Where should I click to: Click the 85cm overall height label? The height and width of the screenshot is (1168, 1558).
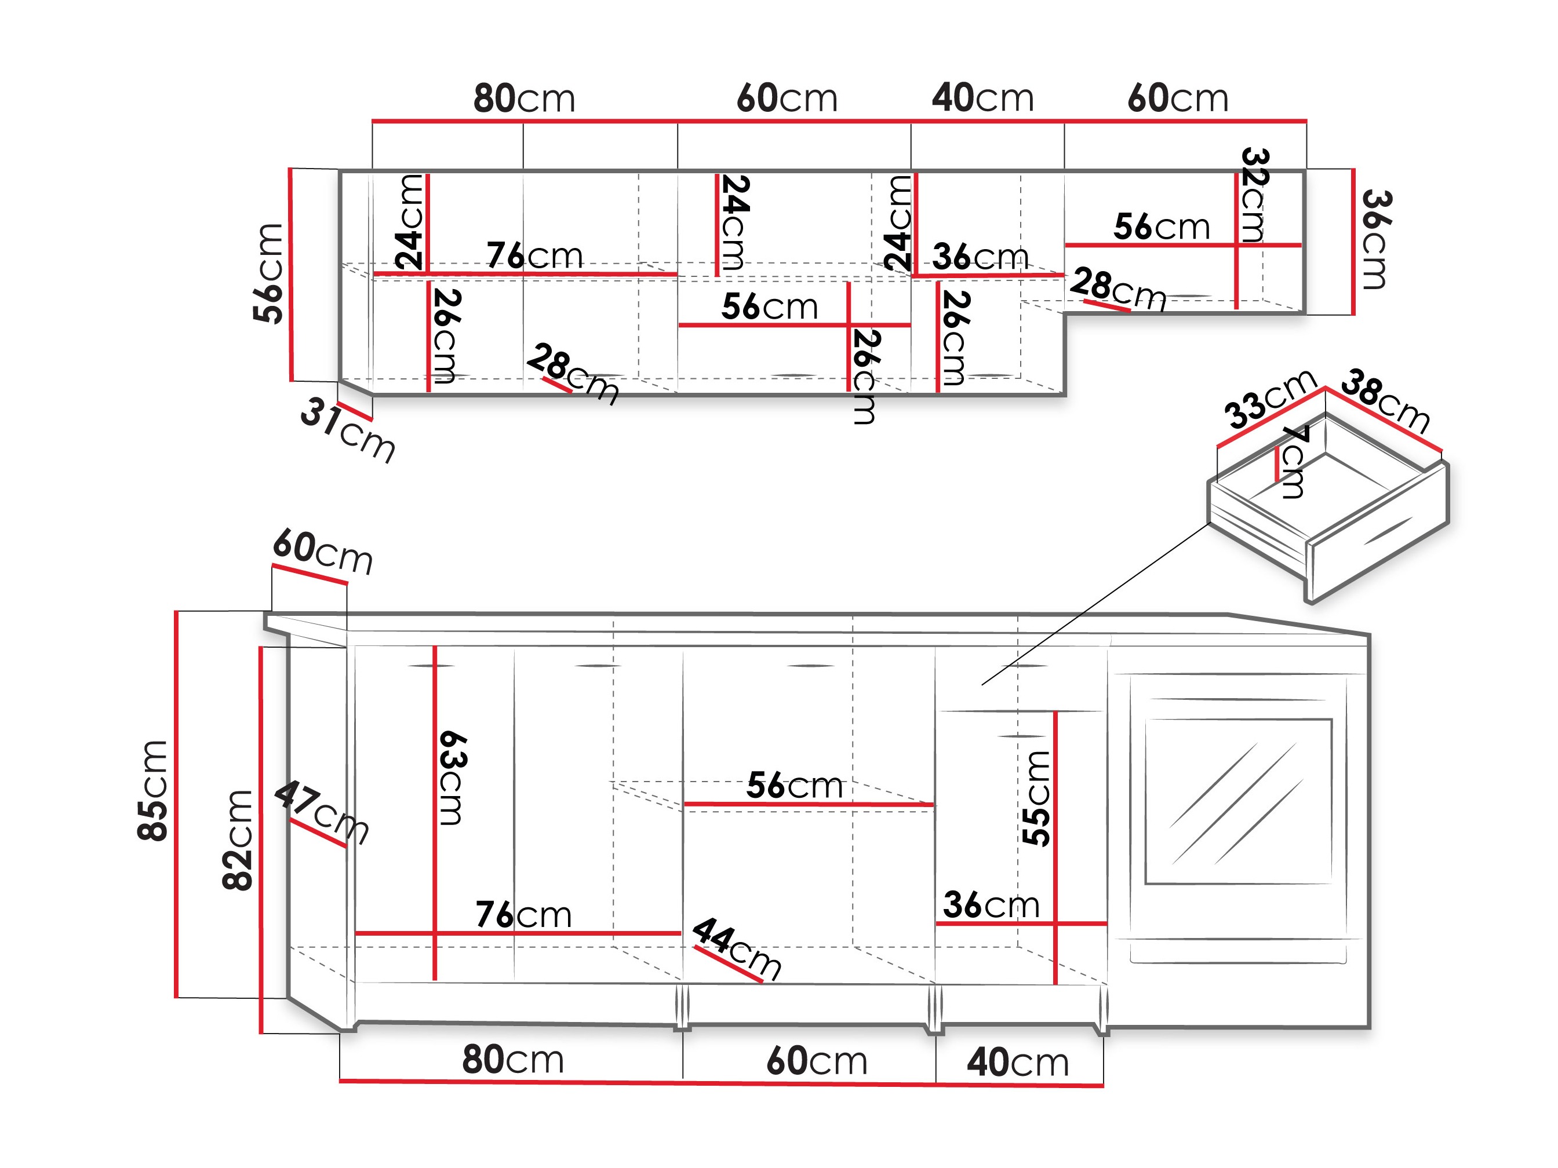pos(153,791)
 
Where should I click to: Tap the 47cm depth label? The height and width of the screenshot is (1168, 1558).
pos(322,812)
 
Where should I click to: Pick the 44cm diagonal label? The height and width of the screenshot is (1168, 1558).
pos(737,948)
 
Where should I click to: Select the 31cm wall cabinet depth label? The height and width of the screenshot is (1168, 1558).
pos(348,429)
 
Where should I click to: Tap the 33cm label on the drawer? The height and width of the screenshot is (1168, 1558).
pos(1270,399)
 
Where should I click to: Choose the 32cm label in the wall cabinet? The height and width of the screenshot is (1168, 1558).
pos(1254,195)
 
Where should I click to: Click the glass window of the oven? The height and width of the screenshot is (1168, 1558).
pos(1238,801)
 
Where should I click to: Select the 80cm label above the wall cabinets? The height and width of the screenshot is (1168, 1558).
pos(524,98)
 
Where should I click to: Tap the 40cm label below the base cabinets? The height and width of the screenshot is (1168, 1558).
pos(1018,1063)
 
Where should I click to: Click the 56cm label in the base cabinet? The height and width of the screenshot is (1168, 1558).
pos(795,785)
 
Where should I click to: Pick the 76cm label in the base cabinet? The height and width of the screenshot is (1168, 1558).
pos(523,915)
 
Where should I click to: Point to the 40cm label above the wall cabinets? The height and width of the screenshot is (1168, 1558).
pos(982,98)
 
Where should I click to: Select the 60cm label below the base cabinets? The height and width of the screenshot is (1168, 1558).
pos(817,1061)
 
